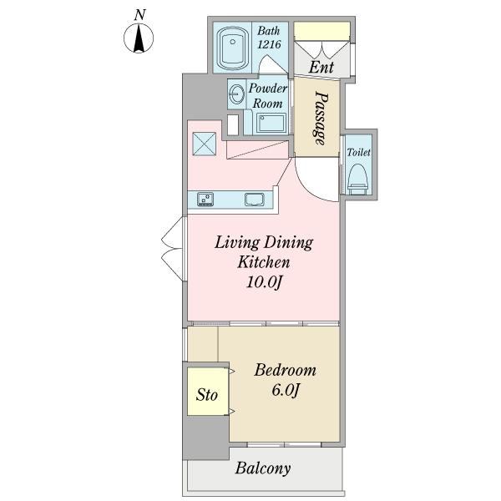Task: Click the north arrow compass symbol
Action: (139, 38)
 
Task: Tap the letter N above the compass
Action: (139, 15)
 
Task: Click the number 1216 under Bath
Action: (270, 44)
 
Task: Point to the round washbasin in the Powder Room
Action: (236, 94)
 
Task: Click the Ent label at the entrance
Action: (321, 67)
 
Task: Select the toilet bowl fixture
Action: (357, 180)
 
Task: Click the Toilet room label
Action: (358, 152)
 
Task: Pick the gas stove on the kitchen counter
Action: (205, 199)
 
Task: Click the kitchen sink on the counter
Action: (255, 200)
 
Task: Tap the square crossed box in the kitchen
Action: (205, 144)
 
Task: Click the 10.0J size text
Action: (264, 282)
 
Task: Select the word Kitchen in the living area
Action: (264, 262)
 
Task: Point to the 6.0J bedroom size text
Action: (286, 390)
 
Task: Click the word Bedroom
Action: (285, 370)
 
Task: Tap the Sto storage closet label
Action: (207, 395)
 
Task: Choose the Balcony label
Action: (263, 468)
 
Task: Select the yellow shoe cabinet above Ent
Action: (321, 31)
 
